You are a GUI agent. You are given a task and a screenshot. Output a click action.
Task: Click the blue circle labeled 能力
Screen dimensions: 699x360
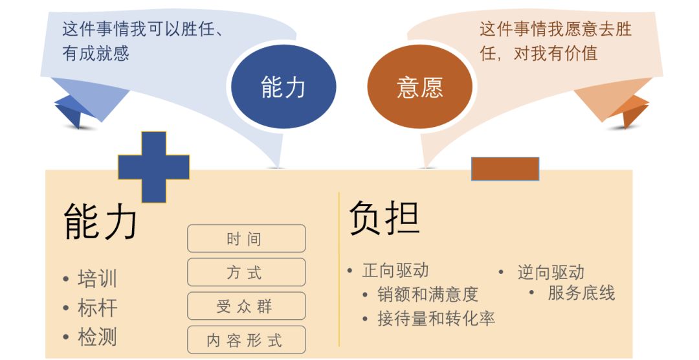[x=283, y=86]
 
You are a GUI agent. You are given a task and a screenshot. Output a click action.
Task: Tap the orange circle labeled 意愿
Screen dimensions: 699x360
[x=420, y=86]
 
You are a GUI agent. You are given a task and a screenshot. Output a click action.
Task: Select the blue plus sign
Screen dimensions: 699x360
[x=154, y=167]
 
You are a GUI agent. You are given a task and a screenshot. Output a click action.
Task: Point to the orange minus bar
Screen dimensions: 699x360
[x=505, y=168]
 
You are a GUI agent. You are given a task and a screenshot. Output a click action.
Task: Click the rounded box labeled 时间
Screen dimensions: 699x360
[x=246, y=239]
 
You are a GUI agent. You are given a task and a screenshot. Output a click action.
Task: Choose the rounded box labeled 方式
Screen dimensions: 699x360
[x=246, y=272]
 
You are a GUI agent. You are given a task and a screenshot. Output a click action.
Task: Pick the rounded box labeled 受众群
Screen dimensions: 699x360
[x=246, y=306]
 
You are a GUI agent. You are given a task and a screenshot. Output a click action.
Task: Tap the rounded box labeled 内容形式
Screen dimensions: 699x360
[x=246, y=340]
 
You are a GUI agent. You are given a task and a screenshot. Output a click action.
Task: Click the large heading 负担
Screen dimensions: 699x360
[x=384, y=218]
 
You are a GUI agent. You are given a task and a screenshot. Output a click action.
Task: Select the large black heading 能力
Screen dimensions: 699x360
[x=101, y=221]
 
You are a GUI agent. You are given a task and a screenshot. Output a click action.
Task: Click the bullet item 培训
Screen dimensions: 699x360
[x=97, y=279]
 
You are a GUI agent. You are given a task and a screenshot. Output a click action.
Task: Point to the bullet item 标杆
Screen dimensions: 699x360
[x=97, y=308]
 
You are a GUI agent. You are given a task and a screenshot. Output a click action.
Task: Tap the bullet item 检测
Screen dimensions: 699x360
[x=97, y=337]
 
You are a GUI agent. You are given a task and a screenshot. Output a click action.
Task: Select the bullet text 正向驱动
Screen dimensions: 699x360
[x=395, y=271]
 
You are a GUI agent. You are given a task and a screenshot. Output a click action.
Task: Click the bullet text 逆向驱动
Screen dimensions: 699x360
[x=551, y=272]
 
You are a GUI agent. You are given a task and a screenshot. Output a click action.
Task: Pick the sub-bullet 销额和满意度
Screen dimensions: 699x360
[x=428, y=295]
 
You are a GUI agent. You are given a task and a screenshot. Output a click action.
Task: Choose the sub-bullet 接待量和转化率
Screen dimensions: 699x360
[x=436, y=319]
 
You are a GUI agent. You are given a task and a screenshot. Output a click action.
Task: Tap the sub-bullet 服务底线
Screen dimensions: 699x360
[x=581, y=293]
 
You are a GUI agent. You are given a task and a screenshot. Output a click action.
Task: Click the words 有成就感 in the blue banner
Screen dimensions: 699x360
[x=95, y=53]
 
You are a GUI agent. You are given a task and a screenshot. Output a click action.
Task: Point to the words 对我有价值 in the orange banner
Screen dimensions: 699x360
[x=555, y=53]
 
